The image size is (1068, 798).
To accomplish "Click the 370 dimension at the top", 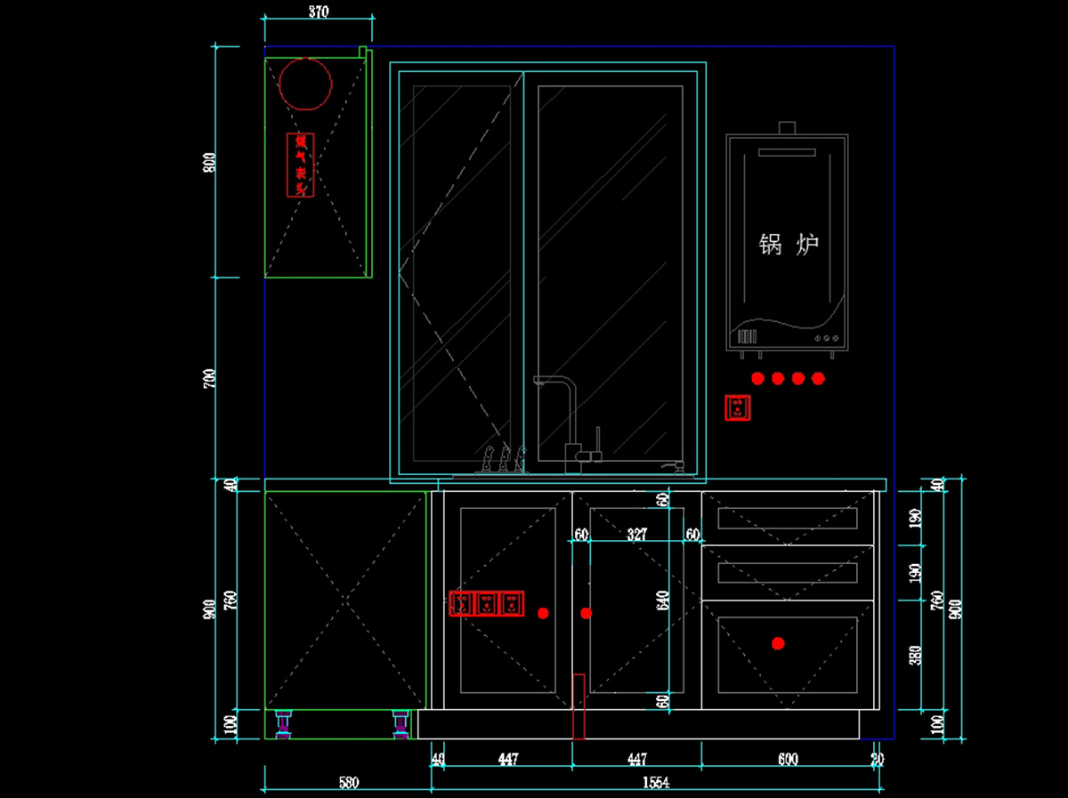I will [x=319, y=12].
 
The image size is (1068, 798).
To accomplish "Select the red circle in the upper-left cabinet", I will [x=305, y=84].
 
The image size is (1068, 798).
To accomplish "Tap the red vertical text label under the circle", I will [x=301, y=165].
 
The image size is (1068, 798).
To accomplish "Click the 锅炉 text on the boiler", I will [x=789, y=245].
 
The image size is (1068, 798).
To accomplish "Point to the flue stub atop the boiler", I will [x=787, y=128].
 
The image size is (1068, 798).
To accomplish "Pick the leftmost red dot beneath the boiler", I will [x=757, y=378].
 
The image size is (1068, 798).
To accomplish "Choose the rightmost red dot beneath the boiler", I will [x=818, y=378].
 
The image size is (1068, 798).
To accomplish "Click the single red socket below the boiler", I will [x=737, y=408].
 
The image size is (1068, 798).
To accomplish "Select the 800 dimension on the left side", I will [x=211, y=163].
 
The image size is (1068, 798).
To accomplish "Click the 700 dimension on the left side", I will [x=211, y=379].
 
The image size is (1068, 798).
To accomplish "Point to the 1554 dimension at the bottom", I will [x=656, y=782].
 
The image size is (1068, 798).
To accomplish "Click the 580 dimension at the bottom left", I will [x=349, y=782].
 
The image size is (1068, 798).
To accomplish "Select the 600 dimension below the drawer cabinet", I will [x=788, y=759].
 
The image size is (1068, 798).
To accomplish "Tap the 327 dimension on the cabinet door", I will [x=636, y=534].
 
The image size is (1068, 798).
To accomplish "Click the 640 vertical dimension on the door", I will [x=662, y=601].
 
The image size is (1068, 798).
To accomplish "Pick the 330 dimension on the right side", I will [x=916, y=655].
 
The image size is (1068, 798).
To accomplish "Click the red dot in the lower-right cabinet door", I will [x=778, y=643].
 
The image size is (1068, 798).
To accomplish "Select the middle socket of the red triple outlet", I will [x=486, y=604].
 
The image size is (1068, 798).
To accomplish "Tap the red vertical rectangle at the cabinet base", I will [x=578, y=706].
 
